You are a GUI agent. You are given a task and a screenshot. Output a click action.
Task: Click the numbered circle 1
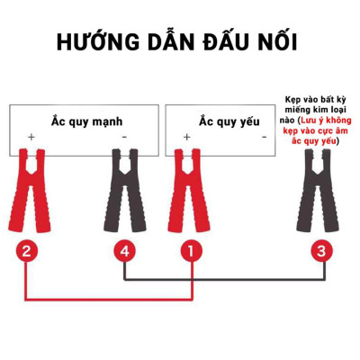[x=189, y=251]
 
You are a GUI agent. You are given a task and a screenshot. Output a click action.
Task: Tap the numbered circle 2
[x=28, y=251]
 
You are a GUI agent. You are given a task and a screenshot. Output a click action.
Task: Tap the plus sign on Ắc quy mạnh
[x=31, y=137]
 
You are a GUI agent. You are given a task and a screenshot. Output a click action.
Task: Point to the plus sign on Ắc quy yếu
[x=186, y=137]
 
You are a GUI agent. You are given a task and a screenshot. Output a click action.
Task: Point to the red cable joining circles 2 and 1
[x=108, y=299]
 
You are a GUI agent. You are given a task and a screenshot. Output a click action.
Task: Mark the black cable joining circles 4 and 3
[x=225, y=278]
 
